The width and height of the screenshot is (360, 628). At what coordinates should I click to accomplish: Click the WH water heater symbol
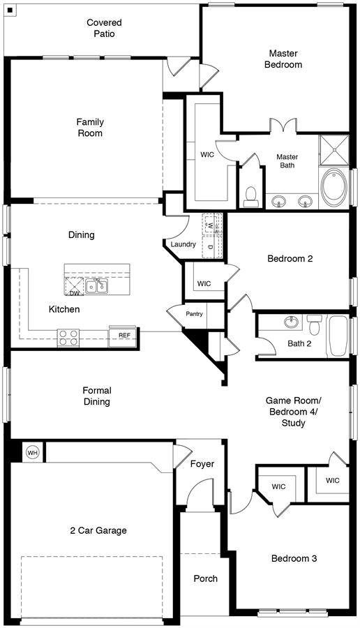pos(32,453)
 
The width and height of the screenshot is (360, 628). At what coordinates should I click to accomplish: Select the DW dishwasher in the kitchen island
pos(74,286)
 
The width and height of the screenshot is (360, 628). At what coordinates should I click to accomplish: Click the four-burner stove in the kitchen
pos(68,337)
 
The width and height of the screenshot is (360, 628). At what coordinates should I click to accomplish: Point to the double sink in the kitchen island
pos(96,286)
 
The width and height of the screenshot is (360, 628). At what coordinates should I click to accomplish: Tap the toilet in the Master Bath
pos(251,197)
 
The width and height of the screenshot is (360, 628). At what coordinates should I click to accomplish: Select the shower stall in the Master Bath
pos(333,150)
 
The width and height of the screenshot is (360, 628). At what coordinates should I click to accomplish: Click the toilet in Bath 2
pos(315,325)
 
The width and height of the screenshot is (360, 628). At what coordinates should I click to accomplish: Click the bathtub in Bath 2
pos(338,336)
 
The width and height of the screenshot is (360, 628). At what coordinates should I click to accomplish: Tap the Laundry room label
pos(183,244)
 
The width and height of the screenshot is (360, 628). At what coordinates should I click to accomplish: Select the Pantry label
pos(194,314)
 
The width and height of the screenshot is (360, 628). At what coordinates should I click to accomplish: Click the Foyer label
pos(202,464)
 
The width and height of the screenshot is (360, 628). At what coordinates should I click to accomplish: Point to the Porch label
pos(205,578)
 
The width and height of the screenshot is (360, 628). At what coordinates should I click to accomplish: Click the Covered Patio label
pos(104,28)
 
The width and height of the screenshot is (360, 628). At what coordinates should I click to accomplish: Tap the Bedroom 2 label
pos(290,258)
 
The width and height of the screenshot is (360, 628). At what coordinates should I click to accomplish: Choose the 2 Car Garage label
pos(98,530)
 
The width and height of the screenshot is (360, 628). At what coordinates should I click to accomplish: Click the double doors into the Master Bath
pos(283,125)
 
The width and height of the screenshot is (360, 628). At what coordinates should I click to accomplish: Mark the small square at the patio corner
pos(10,10)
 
